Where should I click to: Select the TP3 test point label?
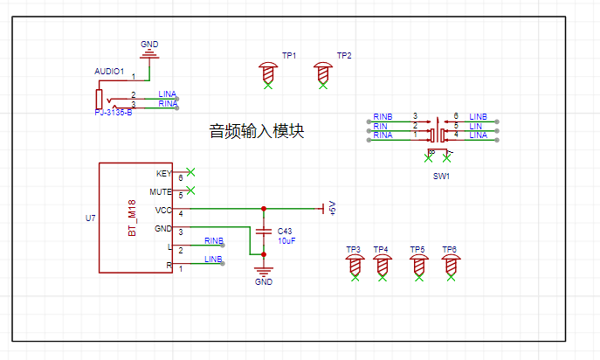353,250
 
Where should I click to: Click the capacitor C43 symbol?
264,231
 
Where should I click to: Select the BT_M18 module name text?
134,218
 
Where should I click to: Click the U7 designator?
90,218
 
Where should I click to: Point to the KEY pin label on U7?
163,173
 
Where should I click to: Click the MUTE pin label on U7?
161,191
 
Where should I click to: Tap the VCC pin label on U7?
163,211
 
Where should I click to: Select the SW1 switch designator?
441,177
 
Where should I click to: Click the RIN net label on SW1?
381,126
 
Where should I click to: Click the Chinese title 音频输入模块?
257,132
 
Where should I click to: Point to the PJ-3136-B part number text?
114,113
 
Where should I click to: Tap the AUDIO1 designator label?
109,71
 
